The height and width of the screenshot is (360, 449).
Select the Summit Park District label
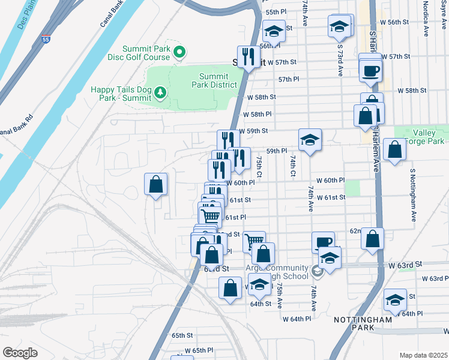point(214,80)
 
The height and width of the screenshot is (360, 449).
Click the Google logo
point(20,353)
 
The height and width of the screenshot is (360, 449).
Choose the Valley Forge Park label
point(429,137)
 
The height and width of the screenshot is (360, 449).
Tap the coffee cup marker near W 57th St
point(370,70)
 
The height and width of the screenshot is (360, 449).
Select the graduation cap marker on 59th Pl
point(310,140)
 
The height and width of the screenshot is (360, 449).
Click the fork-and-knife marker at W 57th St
point(249,58)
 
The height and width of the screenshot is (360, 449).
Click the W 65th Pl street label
point(199,350)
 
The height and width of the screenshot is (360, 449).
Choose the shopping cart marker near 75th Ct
point(255,242)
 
